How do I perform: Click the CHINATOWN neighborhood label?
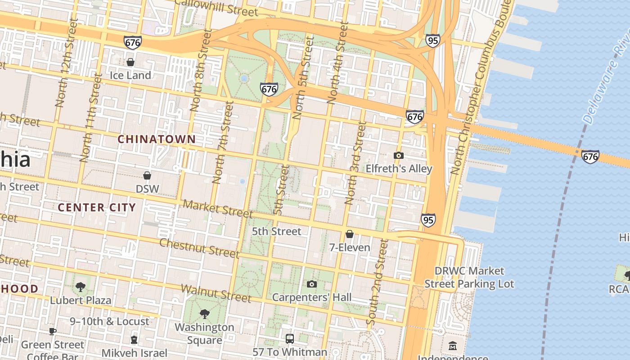pyautogui.click(x=157, y=139)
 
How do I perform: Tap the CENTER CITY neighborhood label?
pyautogui.click(x=97, y=207)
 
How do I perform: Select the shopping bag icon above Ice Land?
pyautogui.click(x=130, y=62)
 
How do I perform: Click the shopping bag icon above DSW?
pyautogui.click(x=147, y=175)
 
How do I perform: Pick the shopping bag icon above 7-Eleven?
pyautogui.click(x=350, y=234)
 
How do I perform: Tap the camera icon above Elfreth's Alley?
pyautogui.click(x=398, y=156)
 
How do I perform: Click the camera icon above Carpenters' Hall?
pyautogui.click(x=311, y=284)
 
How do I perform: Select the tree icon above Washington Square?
pyautogui.click(x=204, y=313)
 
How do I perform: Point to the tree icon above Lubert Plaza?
pyautogui.click(x=81, y=286)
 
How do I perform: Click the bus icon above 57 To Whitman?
pyautogui.click(x=290, y=338)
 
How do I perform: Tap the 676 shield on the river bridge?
pyautogui.click(x=590, y=156)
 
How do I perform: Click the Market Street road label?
pyautogui.click(x=218, y=208)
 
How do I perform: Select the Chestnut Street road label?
pyautogui.click(x=199, y=248)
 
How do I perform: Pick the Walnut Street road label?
pyautogui.click(x=216, y=293)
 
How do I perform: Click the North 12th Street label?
pyautogui.click(x=66, y=63)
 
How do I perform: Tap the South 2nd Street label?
pyautogui.click(x=377, y=282)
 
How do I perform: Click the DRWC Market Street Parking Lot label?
pyautogui.click(x=469, y=277)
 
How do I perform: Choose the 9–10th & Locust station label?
pyautogui.click(x=109, y=321)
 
